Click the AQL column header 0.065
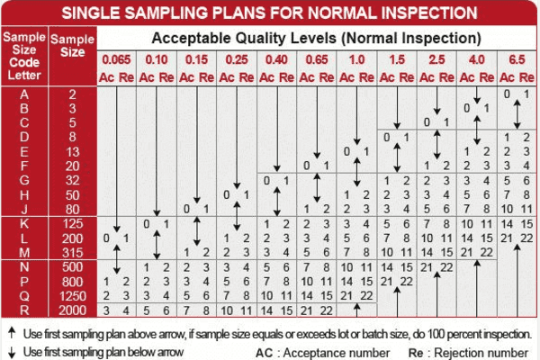click(x=116, y=59)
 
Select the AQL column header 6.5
click(x=517, y=59)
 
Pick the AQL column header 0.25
click(x=237, y=59)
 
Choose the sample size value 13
click(x=72, y=151)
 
